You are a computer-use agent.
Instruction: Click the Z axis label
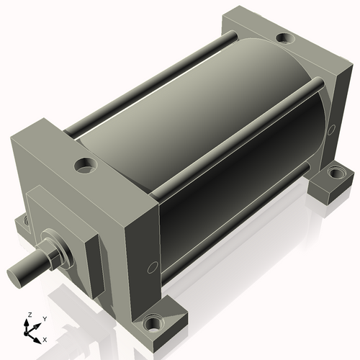coord(30,315)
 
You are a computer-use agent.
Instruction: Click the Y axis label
coord(45,319)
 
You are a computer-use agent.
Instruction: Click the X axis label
coord(45,340)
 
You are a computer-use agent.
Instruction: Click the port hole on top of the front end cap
coord(86,165)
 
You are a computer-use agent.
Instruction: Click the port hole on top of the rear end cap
coord(285,38)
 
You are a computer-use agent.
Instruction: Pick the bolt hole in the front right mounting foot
coord(152,323)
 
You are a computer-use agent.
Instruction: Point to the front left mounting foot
coord(23,224)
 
